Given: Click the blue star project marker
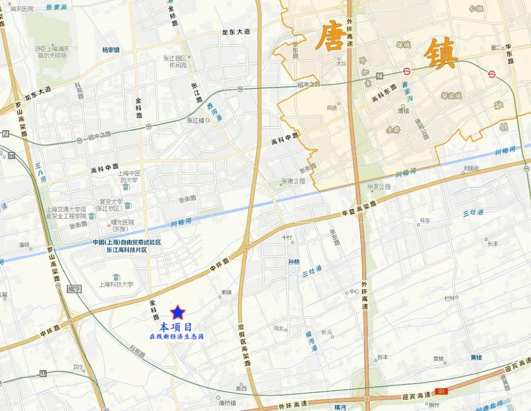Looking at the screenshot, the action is point(178,312).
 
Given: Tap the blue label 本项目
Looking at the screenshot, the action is point(176,327).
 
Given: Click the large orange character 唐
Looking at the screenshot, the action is point(331,36).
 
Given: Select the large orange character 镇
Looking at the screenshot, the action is point(440,54).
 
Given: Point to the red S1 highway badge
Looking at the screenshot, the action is point(441,391).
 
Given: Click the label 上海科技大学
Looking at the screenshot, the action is point(116,284).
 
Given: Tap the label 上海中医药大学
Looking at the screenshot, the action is point(129,177).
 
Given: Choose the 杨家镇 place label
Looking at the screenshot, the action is point(111,50).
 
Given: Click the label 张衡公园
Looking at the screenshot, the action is point(293,181).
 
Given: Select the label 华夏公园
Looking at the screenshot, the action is point(379,187).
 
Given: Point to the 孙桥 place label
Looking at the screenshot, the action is point(294,262).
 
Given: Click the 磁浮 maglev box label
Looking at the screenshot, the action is point(74,289).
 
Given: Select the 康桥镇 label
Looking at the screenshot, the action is point(227,403).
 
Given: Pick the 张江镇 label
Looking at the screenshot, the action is point(196,120).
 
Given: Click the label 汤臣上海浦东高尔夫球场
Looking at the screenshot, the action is point(52,52).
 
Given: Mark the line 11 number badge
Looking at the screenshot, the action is point(43,373).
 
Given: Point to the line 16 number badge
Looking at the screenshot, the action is point(12,155).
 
